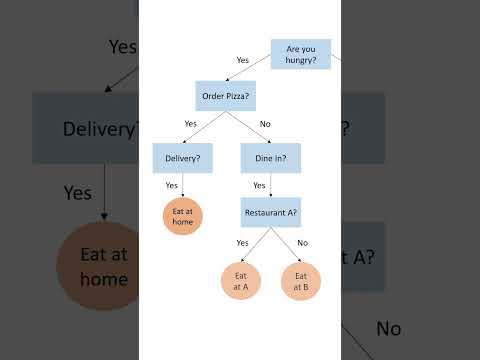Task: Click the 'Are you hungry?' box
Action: click(301, 53)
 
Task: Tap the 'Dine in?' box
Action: click(271, 158)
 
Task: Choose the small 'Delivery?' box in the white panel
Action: click(182, 158)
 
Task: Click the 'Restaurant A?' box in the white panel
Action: click(271, 212)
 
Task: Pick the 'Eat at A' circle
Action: click(241, 281)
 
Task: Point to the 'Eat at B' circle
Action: click(300, 281)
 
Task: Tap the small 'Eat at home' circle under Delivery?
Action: click(182, 215)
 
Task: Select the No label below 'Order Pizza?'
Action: click(265, 124)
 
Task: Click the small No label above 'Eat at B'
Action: click(302, 243)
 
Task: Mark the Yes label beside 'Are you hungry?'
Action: click(242, 60)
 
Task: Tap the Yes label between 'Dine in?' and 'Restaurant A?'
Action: click(259, 185)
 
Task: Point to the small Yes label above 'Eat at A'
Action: click(242, 243)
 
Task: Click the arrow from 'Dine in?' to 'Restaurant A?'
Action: click(271, 185)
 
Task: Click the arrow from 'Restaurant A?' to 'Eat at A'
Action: click(256, 245)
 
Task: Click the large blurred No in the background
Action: click(389, 328)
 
